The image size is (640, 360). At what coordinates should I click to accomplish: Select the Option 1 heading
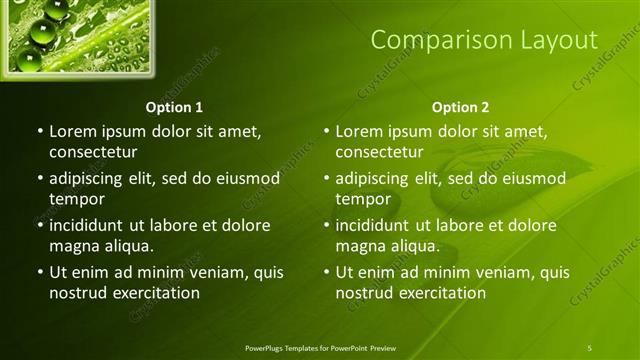[x=174, y=107]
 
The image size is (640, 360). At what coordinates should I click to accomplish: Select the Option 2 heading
[x=460, y=107]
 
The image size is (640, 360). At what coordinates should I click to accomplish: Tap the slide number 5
[x=589, y=347]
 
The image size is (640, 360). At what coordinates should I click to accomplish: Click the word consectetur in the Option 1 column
[x=93, y=152]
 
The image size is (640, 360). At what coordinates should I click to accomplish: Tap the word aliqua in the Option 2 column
[x=417, y=246]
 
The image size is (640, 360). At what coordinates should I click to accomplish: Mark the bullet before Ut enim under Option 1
[x=40, y=272]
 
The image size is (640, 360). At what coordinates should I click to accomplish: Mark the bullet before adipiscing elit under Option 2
[x=326, y=179]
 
